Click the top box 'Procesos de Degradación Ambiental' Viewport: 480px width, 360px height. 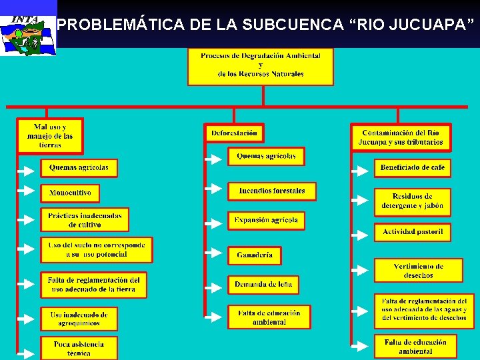click(260, 65)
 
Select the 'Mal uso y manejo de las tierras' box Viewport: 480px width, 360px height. click(50, 135)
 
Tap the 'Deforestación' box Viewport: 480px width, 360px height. click(234, 133)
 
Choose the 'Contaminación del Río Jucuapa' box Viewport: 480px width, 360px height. click(401, 137)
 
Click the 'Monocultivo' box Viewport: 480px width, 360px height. click(70, 193)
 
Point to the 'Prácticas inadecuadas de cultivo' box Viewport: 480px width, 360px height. click(85, 220)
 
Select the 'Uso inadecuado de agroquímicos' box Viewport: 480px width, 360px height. click(79, 318)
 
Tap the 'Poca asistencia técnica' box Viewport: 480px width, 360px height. click(79, 348)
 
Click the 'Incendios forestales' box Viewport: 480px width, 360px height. click(272, 191)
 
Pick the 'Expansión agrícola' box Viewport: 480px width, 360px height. click(267, 221)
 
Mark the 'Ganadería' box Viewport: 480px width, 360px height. click(255, 255)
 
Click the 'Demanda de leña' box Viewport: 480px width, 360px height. click(263, 285)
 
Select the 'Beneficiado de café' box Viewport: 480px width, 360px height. click(412, 168)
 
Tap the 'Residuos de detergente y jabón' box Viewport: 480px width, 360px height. click(412, 202)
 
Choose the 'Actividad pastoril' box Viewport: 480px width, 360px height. click(412, 232)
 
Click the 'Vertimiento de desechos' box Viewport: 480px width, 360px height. click(418, 271)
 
